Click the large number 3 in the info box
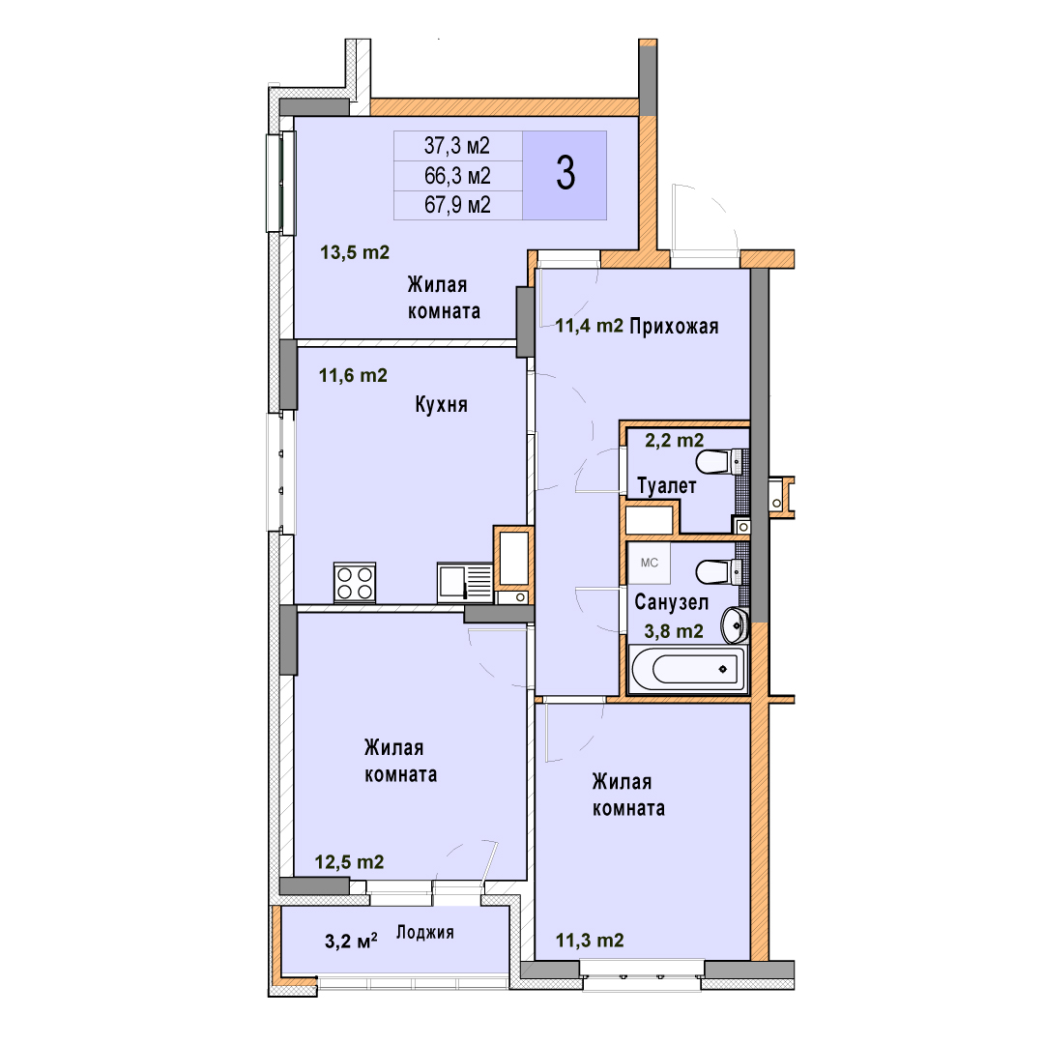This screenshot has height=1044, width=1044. [565, 173]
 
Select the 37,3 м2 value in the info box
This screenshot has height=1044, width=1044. [456, 145]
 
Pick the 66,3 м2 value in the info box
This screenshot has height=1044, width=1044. [457, 175]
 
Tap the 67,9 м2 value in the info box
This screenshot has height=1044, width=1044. [457, 204]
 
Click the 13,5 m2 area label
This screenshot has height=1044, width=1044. [355, 252]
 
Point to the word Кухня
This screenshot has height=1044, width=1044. [441, 404]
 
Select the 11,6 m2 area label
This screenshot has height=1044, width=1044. [353, 375]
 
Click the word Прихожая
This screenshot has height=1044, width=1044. [674, 327]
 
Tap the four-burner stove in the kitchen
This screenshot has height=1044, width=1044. [354, 583]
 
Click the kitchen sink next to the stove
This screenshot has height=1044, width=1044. [465, 583]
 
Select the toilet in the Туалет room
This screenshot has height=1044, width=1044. [719, 461]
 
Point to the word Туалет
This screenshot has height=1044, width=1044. [666, 486]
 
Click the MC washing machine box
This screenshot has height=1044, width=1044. [650, 563]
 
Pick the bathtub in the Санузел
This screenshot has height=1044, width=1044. [688, 669]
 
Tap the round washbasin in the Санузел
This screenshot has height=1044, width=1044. [736, 624]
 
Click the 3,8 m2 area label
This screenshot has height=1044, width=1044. [674, 630]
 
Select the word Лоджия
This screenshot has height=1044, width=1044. [424, 932]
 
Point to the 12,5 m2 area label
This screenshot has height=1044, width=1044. [350, 862]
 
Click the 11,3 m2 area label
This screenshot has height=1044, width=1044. [590, 941]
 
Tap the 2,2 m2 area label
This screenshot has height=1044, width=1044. [675, 440]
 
